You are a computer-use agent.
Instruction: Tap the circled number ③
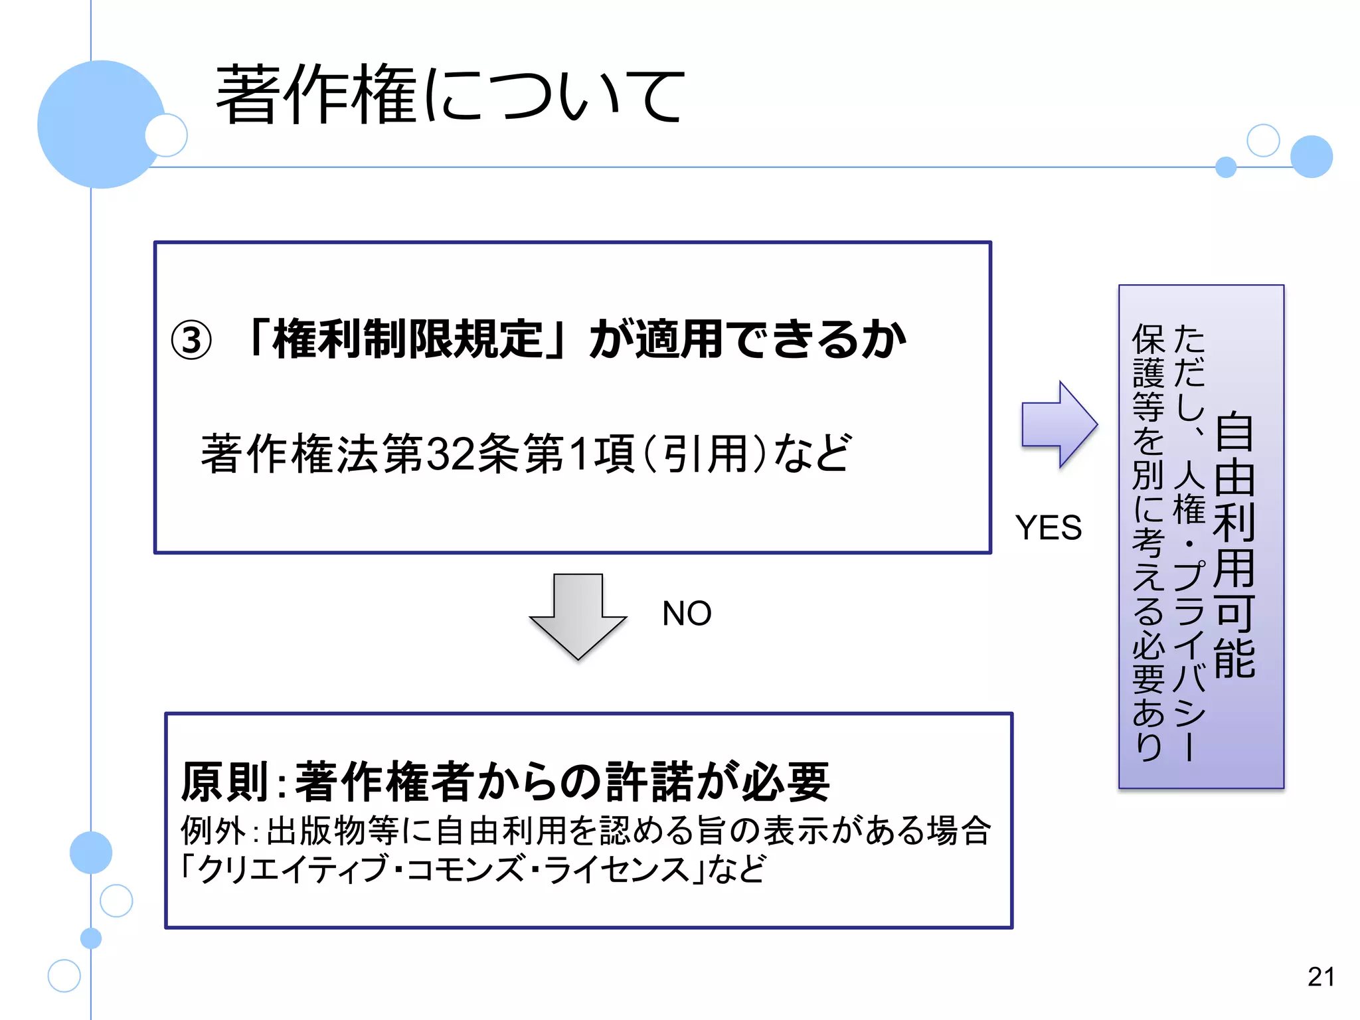click(x=191, y=341)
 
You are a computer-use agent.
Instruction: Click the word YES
click(x=1048, y=528)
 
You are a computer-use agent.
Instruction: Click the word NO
click(x=686, y=613)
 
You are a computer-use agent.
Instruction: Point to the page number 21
click(x=1321, y=977)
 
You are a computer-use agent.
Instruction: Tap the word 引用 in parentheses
click(x=706, y=454)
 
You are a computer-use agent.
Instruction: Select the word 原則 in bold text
click(x=224, y=782)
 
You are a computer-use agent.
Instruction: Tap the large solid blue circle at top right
click(x=1311, y=157)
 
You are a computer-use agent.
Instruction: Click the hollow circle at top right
click(x=1263, y=140)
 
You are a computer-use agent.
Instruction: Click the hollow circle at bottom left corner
click(x=64, y=976)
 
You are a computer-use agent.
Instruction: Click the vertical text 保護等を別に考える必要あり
click(x=1148, y=541)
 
